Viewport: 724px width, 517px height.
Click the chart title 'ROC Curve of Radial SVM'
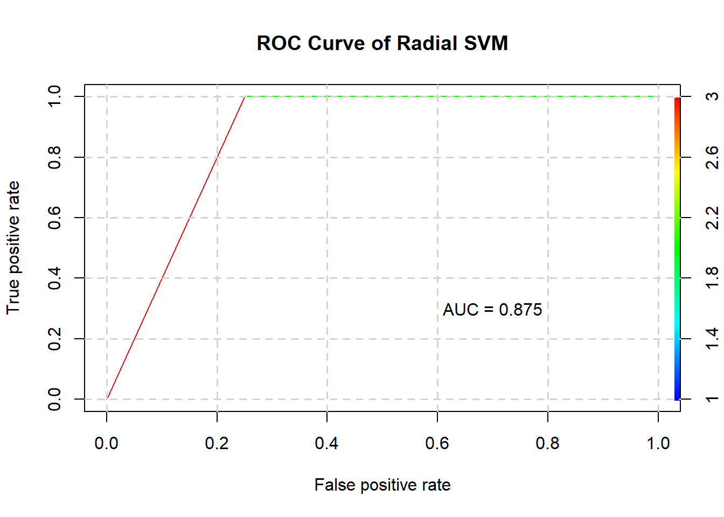(x=382, y=43)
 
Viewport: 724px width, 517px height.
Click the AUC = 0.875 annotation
(x=492, y=310)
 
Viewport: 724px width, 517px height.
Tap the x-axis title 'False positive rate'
(x=382, y=485)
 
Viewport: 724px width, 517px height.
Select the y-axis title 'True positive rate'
(x=13, y=248)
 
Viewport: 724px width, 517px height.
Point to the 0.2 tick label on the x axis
(x=217, y=443)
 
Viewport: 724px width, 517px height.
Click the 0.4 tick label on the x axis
(x=327, y=443)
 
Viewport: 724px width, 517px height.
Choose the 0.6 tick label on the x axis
(x=437, y=443)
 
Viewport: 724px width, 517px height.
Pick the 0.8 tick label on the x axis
(x=547, y=443)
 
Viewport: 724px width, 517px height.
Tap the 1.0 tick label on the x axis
(x=658, y=443)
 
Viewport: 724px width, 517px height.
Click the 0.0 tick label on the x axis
(x=106, y=443)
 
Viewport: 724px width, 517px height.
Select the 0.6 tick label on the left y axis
(x=54, y=218)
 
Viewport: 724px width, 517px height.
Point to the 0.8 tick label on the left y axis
(x=54, y=157)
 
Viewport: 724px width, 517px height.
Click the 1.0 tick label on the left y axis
(x=54, y=96)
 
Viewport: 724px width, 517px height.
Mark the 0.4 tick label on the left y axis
(x=54, y=278)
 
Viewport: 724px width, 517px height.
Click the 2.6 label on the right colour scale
(x=712, y=157)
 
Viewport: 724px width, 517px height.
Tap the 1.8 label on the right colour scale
(x=712, y=278)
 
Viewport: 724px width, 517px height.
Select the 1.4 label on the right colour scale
(x=712, y=339)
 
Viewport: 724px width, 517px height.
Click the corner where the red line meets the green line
(x=245, y=97)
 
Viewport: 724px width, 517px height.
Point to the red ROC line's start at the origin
(x=107, y=399)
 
